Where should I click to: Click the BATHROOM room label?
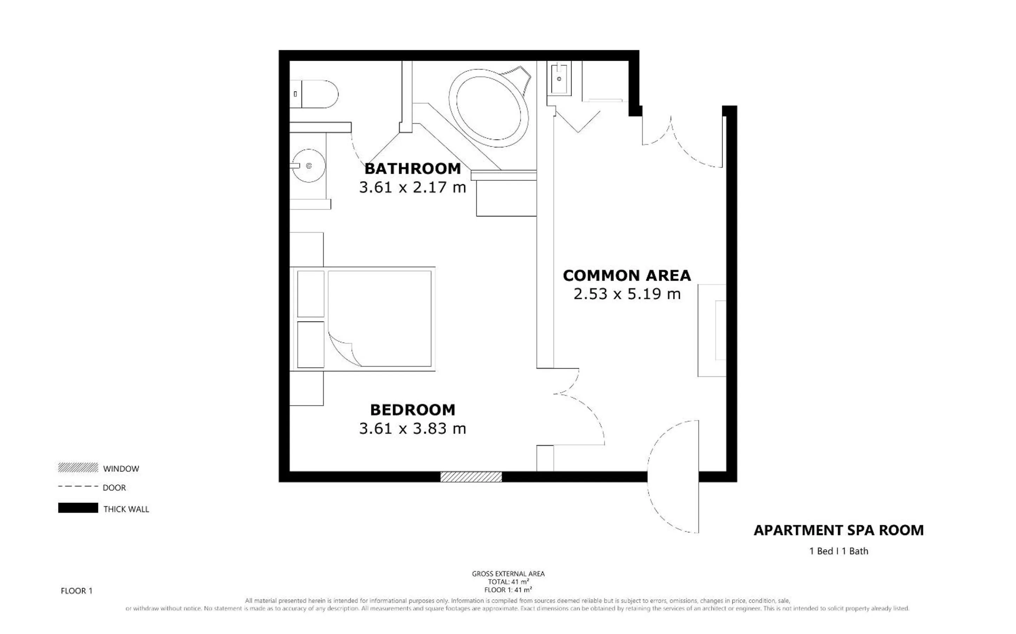[413, 169]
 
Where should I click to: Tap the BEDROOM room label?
[413, 410]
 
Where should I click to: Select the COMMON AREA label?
[627, 276]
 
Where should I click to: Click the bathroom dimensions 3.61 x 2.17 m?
[413, 187]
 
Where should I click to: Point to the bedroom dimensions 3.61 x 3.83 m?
[413, 428]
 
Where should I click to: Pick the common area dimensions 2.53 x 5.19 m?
[627, 294]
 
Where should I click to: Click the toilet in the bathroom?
[314, 94]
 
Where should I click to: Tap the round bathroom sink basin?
[309, 166]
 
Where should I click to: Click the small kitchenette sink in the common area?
[559, 79]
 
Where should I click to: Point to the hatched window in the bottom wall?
[471, 477]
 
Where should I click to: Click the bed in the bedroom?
[363, 319]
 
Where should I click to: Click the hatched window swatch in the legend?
[78, 467]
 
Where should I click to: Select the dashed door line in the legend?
[78, 486]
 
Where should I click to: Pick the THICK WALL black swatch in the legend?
[78, 508]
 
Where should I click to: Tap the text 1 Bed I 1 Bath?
[838, 551]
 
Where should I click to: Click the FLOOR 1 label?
[77, 591]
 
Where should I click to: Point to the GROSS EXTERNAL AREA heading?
[508, 574]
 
